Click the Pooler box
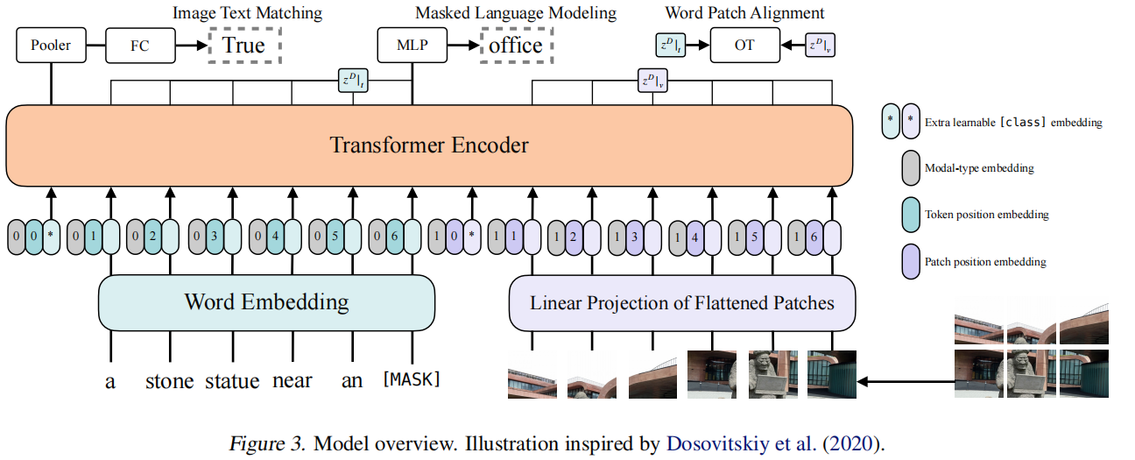point(51,45)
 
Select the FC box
point(139,45)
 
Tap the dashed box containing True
point(243,45)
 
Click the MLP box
point(412,45)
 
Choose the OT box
point(744,45)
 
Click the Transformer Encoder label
point(429,145)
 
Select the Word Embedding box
point(266,303)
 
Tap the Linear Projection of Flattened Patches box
point(682,303)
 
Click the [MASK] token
point(411,380)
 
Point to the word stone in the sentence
point(170,381)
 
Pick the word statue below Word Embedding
point(232,381)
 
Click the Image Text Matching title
point(247,13)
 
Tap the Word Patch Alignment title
point(745,13)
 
